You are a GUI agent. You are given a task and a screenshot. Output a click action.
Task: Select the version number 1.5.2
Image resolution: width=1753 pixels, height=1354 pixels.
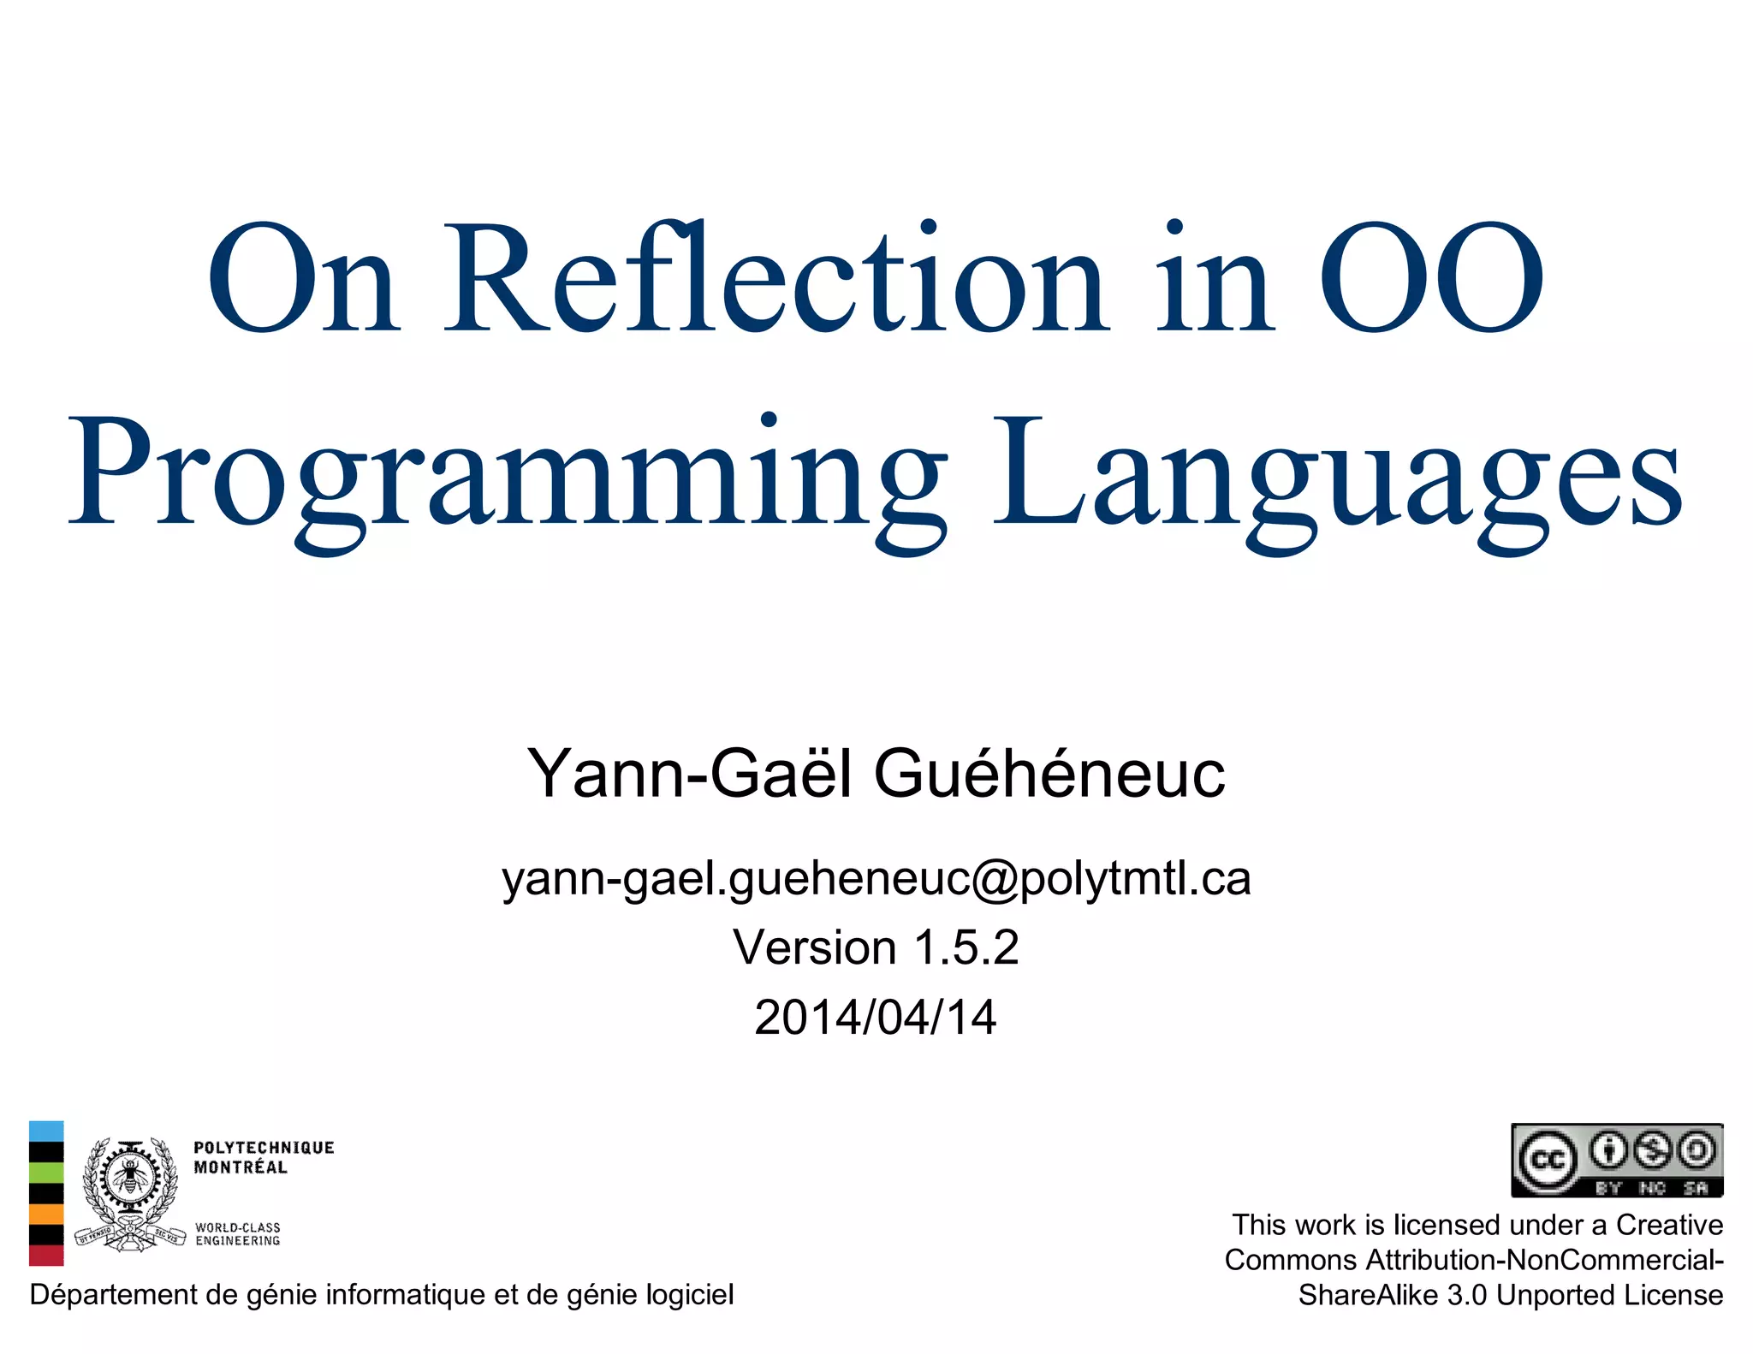[966, 948]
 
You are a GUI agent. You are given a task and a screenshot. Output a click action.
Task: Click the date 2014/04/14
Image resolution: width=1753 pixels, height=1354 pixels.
[876, 1018]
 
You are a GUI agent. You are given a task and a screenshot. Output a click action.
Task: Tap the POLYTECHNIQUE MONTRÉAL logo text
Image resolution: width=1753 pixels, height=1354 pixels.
[263, 1157]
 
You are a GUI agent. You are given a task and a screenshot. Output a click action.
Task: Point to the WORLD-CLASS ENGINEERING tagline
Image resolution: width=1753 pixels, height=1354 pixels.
[237, 1233]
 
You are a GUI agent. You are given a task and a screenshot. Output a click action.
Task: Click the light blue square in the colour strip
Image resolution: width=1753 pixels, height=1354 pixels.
[46, 1131]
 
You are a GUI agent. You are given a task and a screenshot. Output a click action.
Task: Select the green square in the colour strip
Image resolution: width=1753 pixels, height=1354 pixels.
[46, 1173]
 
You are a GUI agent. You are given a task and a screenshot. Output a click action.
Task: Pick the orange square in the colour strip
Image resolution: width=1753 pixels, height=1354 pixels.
[46, 1214]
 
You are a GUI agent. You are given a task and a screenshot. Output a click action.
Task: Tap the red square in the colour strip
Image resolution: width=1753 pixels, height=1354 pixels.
[46, 1255]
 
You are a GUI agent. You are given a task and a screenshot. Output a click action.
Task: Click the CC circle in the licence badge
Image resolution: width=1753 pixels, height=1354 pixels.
[1547, 1161]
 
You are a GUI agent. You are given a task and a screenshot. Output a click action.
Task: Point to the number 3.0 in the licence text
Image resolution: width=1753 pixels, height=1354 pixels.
[1466, 1296]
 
